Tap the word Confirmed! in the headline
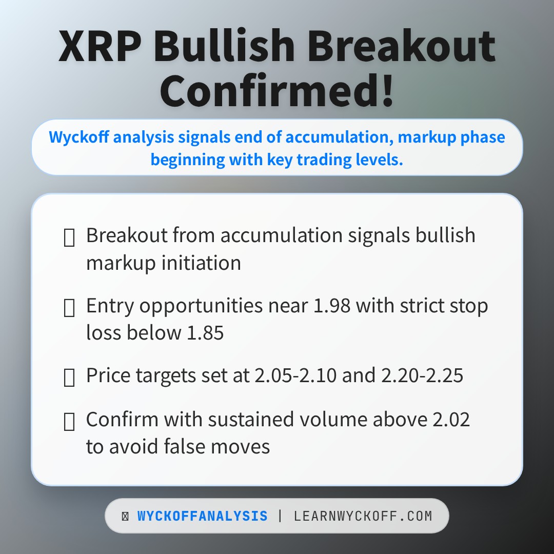click(277, 91)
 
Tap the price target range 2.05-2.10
click(295, 376)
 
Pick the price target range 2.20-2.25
click(422, 376)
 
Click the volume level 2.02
click(449, 419)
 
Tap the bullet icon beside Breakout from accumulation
click(69, 238)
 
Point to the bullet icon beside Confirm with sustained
click(69, 422)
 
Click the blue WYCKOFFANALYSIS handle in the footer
click(202, 516)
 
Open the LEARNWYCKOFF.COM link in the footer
click(363, 516)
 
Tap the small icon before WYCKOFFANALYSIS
click(125, 517)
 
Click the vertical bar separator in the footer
click(280, 516)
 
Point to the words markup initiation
click(164, 263)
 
